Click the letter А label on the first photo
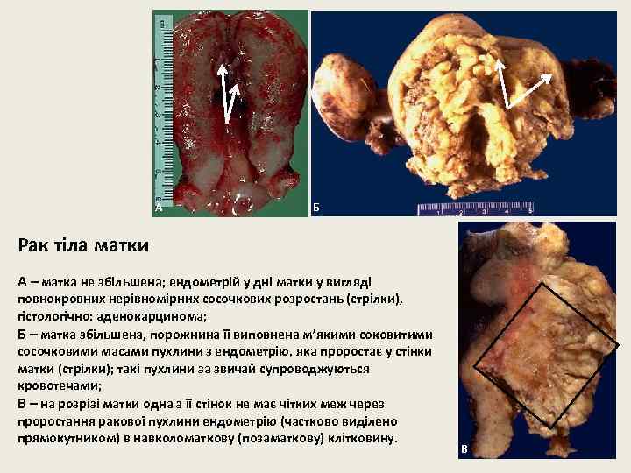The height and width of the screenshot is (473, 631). pos(159,208)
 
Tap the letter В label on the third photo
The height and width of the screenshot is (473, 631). pos(464,449)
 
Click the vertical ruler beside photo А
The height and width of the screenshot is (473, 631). pos(160,105)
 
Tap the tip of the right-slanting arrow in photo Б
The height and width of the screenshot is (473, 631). pos(551,75)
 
